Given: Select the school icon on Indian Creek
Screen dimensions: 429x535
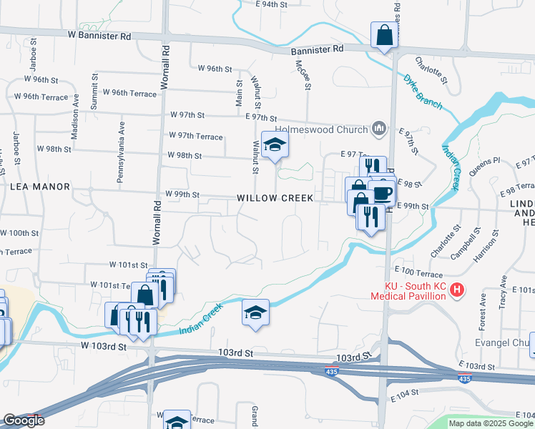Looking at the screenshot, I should click(x=255, y=313).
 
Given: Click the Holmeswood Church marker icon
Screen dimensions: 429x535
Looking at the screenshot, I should click(x=379, y=129).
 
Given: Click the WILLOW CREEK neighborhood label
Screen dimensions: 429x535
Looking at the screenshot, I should click(x=275, y=197).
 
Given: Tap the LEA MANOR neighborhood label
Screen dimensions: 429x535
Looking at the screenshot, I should click(x=40, y=187).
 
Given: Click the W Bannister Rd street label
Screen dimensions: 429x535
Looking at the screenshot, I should click(x=100, y=35).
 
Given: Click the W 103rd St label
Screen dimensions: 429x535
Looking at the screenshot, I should click(x=103, y=346).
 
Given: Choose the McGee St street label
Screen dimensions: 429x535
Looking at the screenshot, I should click(x=302, y=74).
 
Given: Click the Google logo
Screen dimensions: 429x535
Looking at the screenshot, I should click(x=23, y=421).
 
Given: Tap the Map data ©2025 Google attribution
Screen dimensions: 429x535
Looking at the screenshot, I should click(x=491, y=423).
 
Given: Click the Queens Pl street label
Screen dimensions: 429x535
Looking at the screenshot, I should click(x=485, y=167).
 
